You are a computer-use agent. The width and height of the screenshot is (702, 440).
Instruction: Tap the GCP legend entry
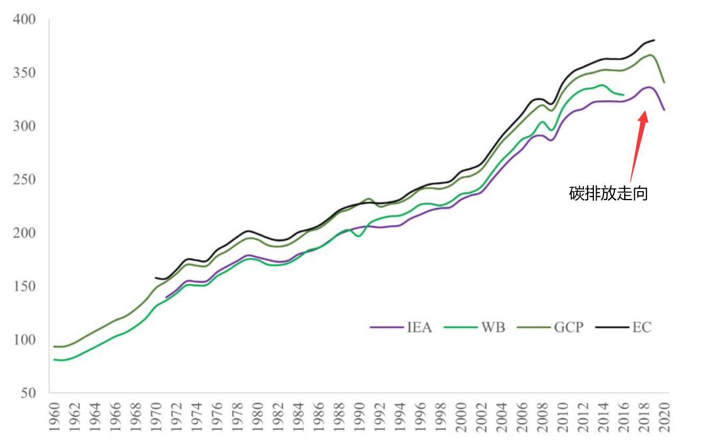[568, 327]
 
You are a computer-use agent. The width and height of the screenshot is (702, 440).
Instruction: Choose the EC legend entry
[641, 327]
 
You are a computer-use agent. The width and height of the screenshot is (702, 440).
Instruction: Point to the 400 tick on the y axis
[24, 20]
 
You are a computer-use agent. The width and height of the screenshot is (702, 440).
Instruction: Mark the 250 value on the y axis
[24, 179]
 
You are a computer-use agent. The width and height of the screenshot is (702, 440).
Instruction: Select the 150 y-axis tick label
[24, 286]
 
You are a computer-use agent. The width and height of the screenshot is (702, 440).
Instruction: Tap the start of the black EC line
[155, 277]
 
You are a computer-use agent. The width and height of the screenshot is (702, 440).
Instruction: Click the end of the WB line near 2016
[624, 95]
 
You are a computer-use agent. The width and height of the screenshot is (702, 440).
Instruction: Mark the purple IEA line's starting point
[166, 298]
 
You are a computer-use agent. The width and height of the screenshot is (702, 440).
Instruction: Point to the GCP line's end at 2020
[664, 83]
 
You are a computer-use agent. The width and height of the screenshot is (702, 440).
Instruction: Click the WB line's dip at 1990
[359, 236]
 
